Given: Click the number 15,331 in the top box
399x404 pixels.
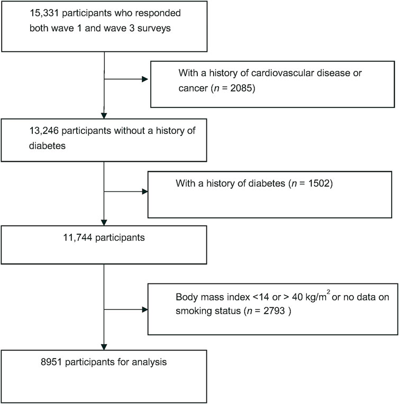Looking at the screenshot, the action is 44,13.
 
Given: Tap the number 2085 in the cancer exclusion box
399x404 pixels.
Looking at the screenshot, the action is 241,88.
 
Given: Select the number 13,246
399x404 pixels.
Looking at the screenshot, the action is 43,131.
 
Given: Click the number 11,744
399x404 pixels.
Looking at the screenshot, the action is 78,237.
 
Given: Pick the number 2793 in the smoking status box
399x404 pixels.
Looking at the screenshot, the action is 274,311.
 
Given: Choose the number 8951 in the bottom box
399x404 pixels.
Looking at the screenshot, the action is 51,362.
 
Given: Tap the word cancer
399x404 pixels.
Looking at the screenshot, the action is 193,88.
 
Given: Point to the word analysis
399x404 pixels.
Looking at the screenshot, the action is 149,362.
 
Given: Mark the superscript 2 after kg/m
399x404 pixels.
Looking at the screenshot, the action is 328,292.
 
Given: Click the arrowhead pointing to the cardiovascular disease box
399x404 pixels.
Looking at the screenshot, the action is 145,79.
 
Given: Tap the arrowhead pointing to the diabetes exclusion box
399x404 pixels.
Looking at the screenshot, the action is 145,192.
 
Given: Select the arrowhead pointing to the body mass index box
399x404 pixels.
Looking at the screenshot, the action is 145,309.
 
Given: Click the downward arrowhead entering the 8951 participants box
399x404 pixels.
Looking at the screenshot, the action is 104,347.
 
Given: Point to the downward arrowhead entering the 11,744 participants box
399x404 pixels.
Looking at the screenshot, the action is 104,223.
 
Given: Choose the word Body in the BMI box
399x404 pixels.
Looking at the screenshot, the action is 187,297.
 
